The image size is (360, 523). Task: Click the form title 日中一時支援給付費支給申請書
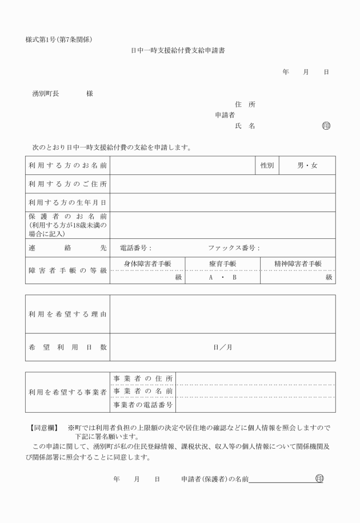tap(178, 50)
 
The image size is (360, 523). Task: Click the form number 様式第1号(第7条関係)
tap(59, 39)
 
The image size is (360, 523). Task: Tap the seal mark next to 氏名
tap(326, 126)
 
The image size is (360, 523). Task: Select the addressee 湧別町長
tap(46, 94)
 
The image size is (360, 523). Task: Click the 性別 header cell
tap(267, 166)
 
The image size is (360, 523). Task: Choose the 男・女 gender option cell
tap(307, 166)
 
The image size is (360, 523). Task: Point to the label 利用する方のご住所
tap(68, 184)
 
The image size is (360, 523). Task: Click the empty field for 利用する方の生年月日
tap(223, 202)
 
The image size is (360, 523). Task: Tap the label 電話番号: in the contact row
tap(135, 248)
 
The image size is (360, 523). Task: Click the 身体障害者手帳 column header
tap(147, 264)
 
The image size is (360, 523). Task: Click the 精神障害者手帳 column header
tap(298, 264)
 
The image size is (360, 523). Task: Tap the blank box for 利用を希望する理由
tap(223, 314)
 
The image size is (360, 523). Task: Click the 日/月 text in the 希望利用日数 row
tap(222, 347)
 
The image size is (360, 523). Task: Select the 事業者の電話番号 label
tap(143, 405)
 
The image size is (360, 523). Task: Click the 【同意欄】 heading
tap(45, 427)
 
